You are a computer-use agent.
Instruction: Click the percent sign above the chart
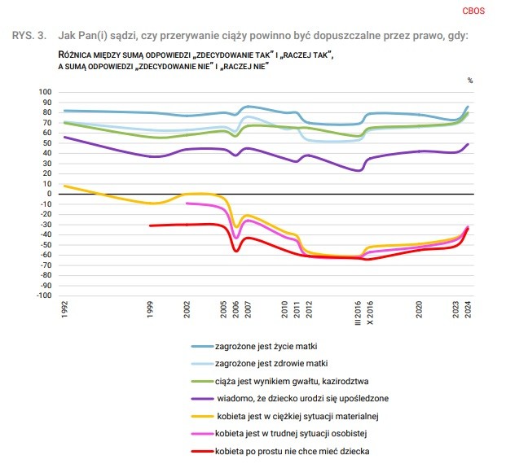tap(470, 81)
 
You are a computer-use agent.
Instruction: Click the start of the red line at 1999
tap(150, 225)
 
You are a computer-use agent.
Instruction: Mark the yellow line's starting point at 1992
tap(64, 186)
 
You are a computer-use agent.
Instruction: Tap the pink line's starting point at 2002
tap(187, 204)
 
